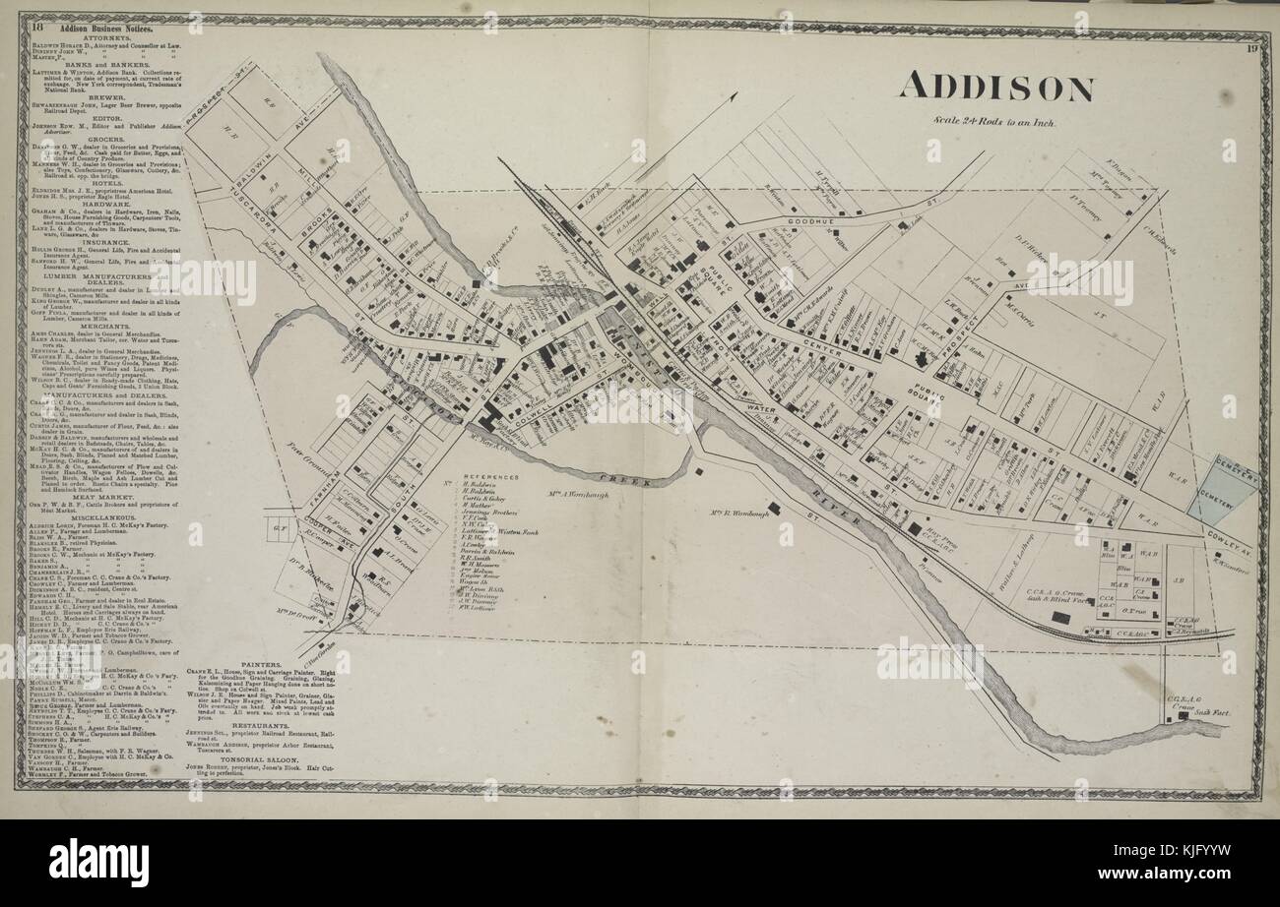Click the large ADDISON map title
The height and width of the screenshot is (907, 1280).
994,88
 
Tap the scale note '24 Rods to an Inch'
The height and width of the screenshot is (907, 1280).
995,122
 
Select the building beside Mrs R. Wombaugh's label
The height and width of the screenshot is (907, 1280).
775,508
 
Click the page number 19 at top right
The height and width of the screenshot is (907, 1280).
1250,48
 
